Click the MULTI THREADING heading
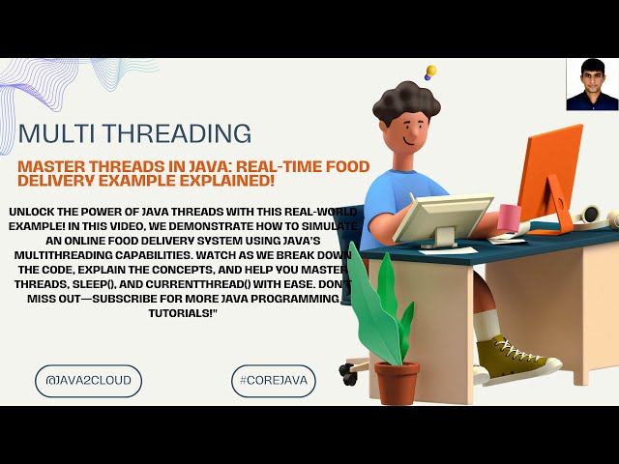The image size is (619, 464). point(134,132)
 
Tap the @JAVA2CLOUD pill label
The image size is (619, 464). point(88,381)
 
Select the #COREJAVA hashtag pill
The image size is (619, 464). point(275,381)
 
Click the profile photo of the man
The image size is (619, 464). point(592,84)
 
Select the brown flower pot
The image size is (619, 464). point(397,382)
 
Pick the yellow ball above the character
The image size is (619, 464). point(431,71)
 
